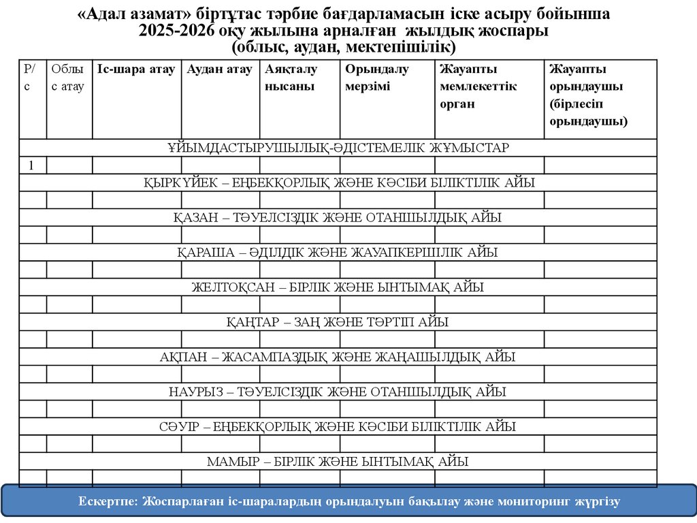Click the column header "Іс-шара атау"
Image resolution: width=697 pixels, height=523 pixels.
tap(136, 69)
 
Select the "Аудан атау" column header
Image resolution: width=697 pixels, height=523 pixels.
tap(220, 69)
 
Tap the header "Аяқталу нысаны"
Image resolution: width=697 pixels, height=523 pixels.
tap(291, 78)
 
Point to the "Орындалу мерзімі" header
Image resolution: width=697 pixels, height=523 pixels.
tap(376, 78)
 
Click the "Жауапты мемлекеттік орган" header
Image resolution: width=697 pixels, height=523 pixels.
tap(479, 86)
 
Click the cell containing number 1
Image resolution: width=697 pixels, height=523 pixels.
tap(32, 165)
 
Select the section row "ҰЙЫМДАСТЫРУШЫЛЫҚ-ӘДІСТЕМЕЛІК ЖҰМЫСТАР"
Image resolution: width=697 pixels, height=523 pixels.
tap(338, 148)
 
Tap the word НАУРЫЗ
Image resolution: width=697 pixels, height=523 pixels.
tap(195, 392)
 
